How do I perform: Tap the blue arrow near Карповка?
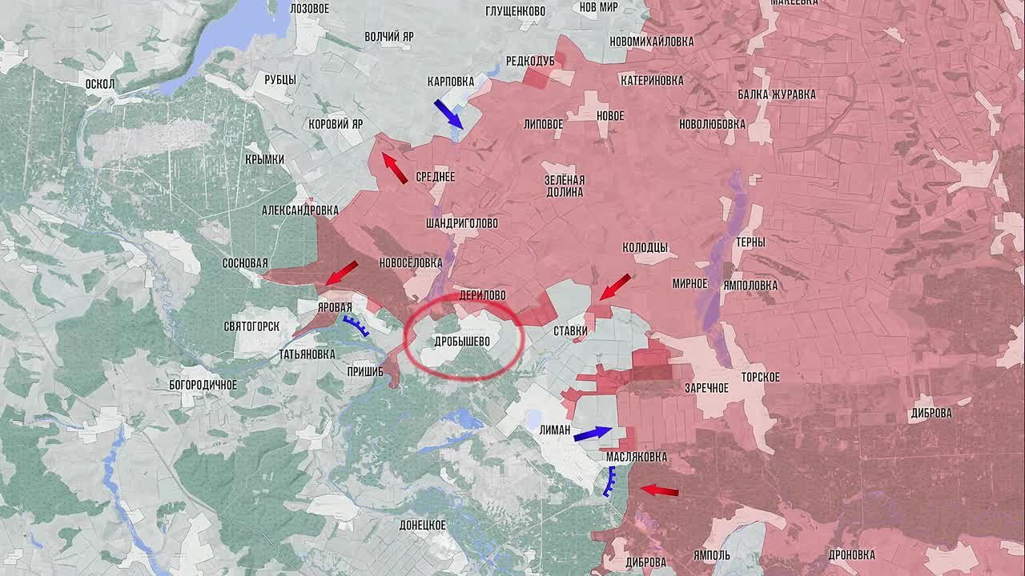point(448,114)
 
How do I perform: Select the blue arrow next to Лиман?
point(592,434)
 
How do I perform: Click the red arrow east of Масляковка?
point(659,490)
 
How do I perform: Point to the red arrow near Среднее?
point(394,169)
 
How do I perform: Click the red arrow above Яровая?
point(341,273)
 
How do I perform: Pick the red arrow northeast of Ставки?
point(615,287)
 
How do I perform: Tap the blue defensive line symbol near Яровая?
point(356,324)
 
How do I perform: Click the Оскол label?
point(101,84)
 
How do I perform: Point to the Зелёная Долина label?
point(565,186)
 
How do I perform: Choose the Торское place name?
point(760,377)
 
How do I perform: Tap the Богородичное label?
point(203,385)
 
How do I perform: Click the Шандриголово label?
point(462,223)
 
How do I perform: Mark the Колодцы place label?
point(645,247)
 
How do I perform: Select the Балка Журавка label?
point(777,94)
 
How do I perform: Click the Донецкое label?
point(422,525)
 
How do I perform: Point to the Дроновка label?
point(852,554)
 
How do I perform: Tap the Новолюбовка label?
point(712,124)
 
